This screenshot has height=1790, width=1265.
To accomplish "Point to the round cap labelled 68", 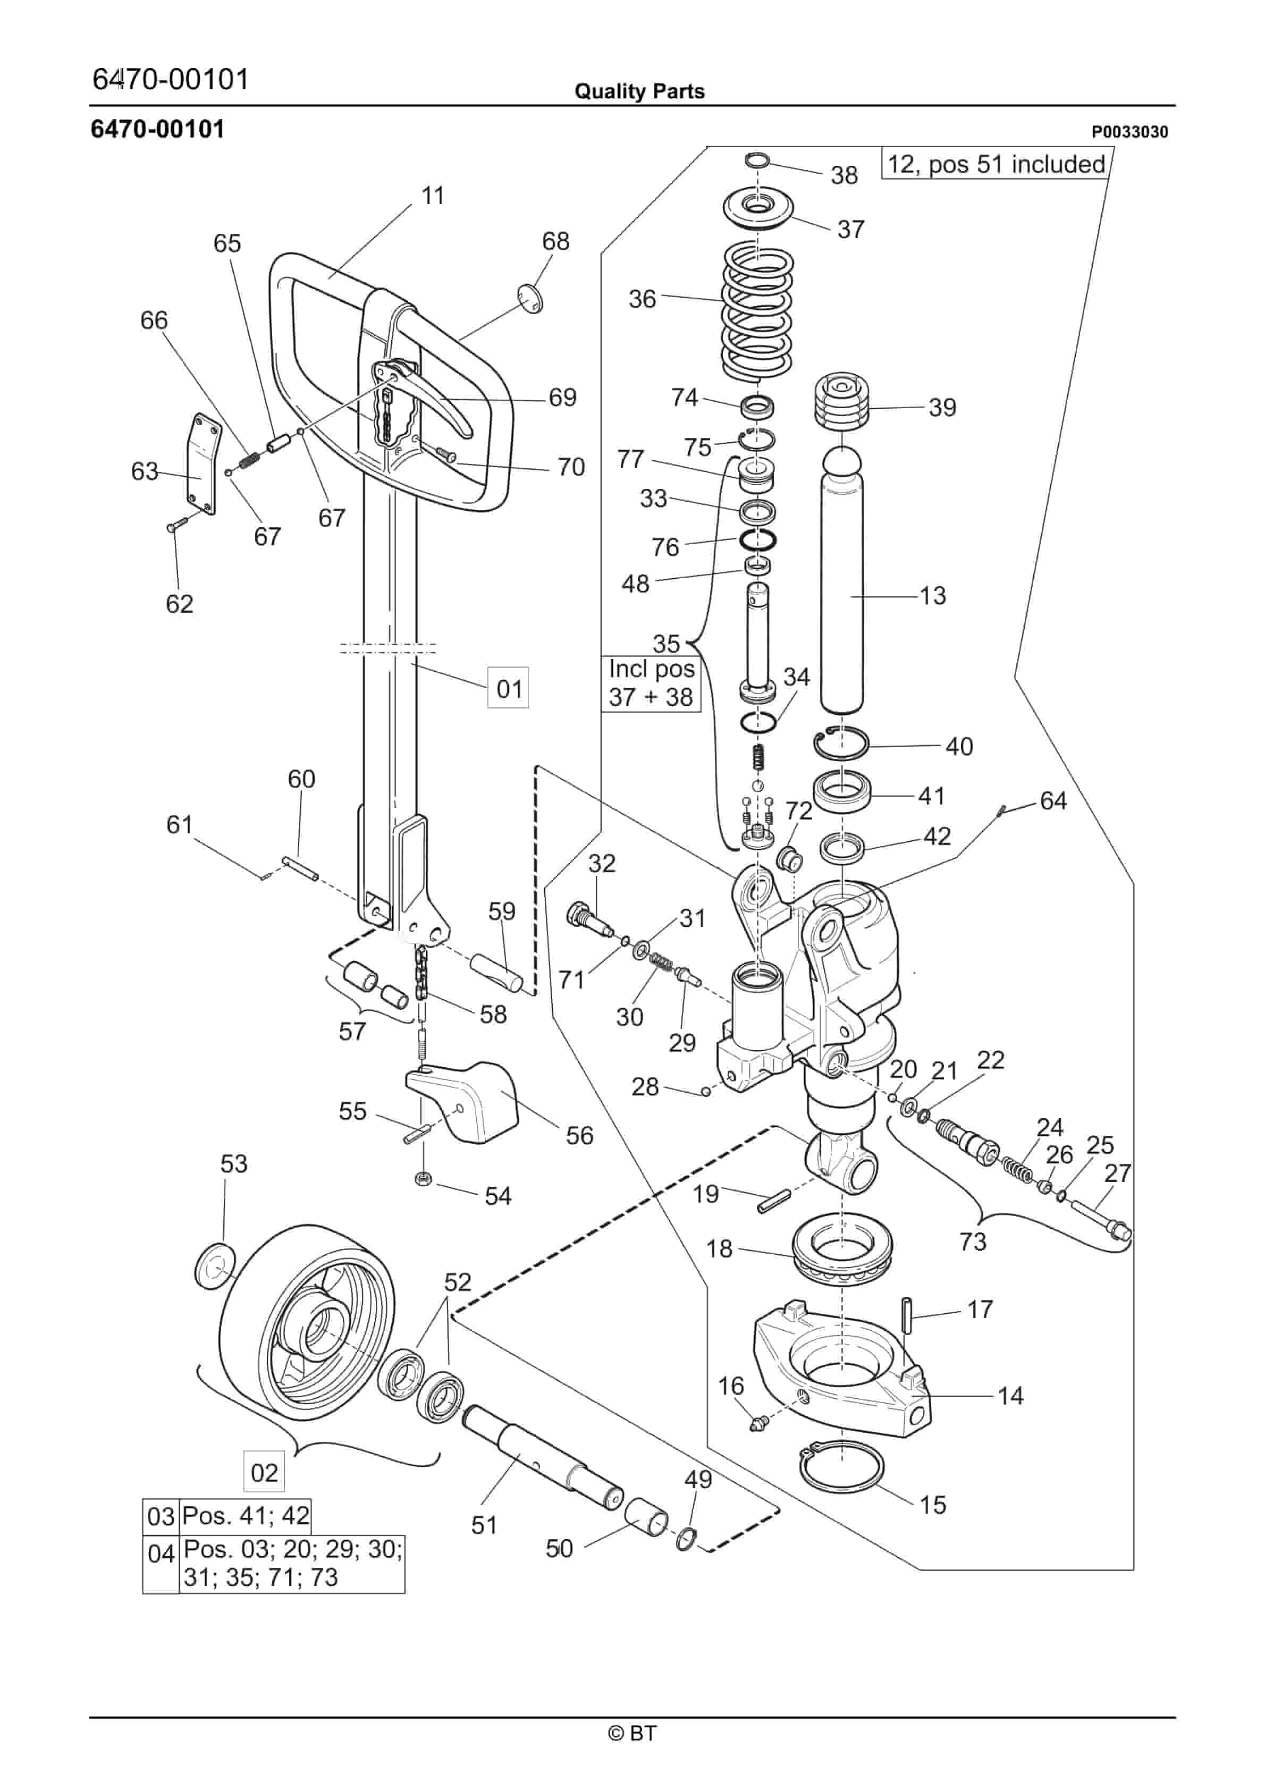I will pos(530,299).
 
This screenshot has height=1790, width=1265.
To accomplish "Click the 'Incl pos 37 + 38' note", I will pos(651,683).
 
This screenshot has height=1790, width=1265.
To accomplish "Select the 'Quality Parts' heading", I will pos(639,92).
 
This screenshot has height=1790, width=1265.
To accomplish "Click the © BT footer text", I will pos(632,1733).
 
